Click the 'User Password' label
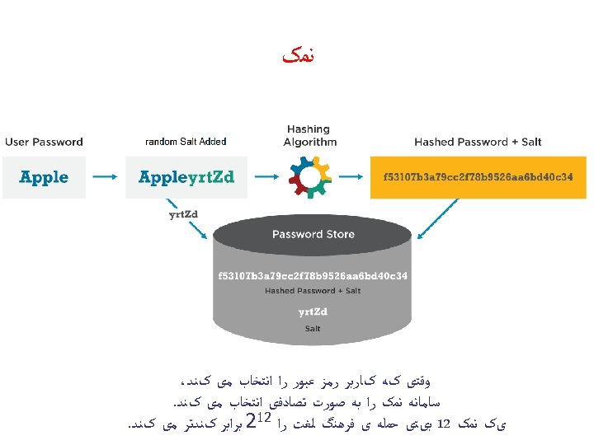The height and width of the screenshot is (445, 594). (x=44, y=142)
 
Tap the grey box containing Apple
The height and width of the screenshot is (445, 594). (x=44, y=177)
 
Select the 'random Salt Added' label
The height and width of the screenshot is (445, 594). (x=186, y=142)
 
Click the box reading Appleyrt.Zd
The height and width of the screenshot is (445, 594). (x=186, y=177)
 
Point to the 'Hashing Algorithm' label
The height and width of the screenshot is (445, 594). (x=309, y=135)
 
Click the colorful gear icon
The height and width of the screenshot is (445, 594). (x=309, y=177)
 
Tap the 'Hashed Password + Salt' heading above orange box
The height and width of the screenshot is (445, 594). (x=478, y=142)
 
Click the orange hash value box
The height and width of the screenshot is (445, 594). (x=478, y=177)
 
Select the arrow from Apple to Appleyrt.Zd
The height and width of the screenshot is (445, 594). (x=105, y=177)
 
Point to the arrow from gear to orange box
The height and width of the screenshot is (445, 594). (x=351, y=177)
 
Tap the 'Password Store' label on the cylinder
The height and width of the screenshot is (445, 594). (x=313, y=234)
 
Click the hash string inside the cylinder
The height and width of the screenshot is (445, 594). (x=313, y=274)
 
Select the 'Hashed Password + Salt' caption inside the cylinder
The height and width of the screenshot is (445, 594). (x=313, y=291)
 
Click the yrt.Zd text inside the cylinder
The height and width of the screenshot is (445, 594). (x=313, y=311)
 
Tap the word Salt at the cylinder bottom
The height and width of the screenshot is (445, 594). (x=313, y=328)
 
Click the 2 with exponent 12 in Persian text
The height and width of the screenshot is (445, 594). (x=257, y=425)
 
